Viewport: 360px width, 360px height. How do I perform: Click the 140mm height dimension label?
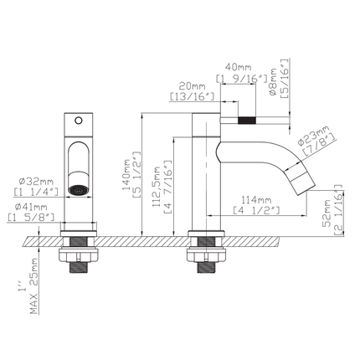pyautogui.click(x=126, y=174)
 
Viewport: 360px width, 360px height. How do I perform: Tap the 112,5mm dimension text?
pyautogui.click(x=157, y=187)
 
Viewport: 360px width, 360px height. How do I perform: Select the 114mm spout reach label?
pyautogui.click(x=256, y=200)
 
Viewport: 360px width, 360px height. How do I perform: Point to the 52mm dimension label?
pyautogui.click(x=327, y=213)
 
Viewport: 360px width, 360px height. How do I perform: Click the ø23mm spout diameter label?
pyautogui.click(x=313, y=136)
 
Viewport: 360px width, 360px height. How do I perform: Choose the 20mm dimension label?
pyautogui.click(x=192, y=86)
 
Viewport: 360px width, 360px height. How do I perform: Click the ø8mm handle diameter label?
pyautogui.click(x=273, y=83)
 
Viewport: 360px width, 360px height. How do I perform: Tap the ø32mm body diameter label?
pyautogui.click(x=36, y=182)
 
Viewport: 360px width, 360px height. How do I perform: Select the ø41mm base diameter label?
pyautogui.click(x=31, y=207)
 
